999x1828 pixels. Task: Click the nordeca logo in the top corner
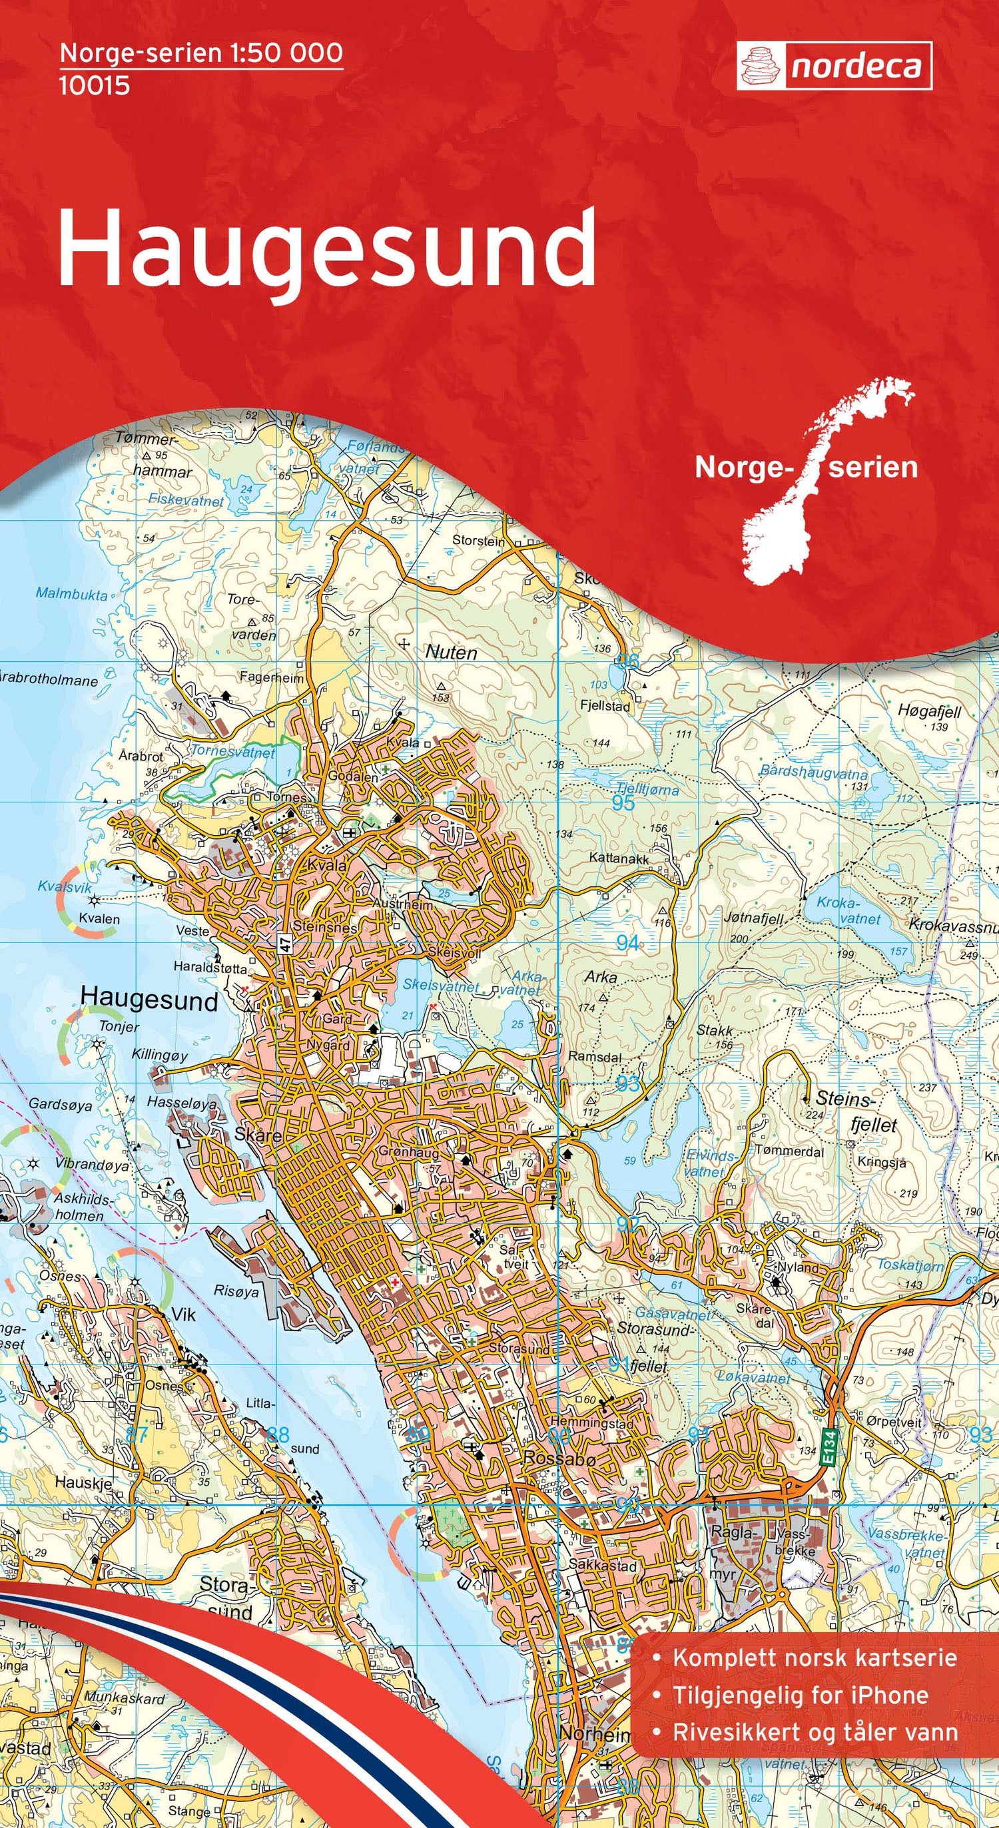pyautogui.click(x=834, y=66)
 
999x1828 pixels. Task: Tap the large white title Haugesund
pyautogui.click(x=326, y=248)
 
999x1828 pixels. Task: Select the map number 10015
pyautogui.click(x=95, y=86)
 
